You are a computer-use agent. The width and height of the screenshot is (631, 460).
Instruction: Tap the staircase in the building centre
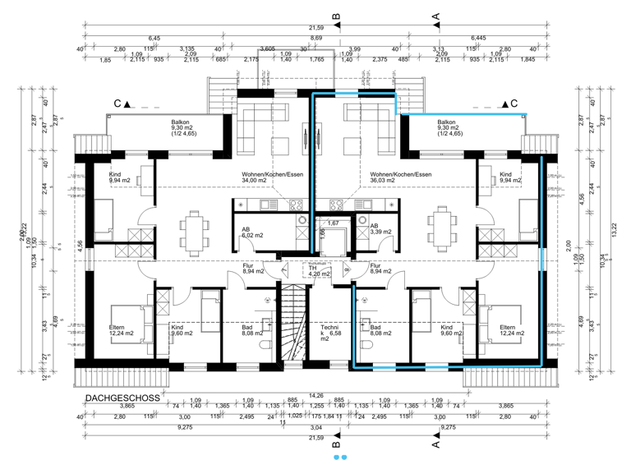(293, 320)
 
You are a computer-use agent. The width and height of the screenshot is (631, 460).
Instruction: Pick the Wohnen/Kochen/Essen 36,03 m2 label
(400, 178)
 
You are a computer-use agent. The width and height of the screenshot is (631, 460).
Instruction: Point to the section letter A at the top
(436, 16)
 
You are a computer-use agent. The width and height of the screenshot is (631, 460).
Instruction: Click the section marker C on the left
(117, 104)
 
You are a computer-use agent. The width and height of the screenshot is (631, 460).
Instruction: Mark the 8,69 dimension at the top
(315, 39)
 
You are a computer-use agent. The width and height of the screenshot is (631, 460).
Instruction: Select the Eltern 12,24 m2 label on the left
(121, 330)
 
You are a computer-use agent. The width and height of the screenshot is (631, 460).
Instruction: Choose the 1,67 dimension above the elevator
(333, 223)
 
